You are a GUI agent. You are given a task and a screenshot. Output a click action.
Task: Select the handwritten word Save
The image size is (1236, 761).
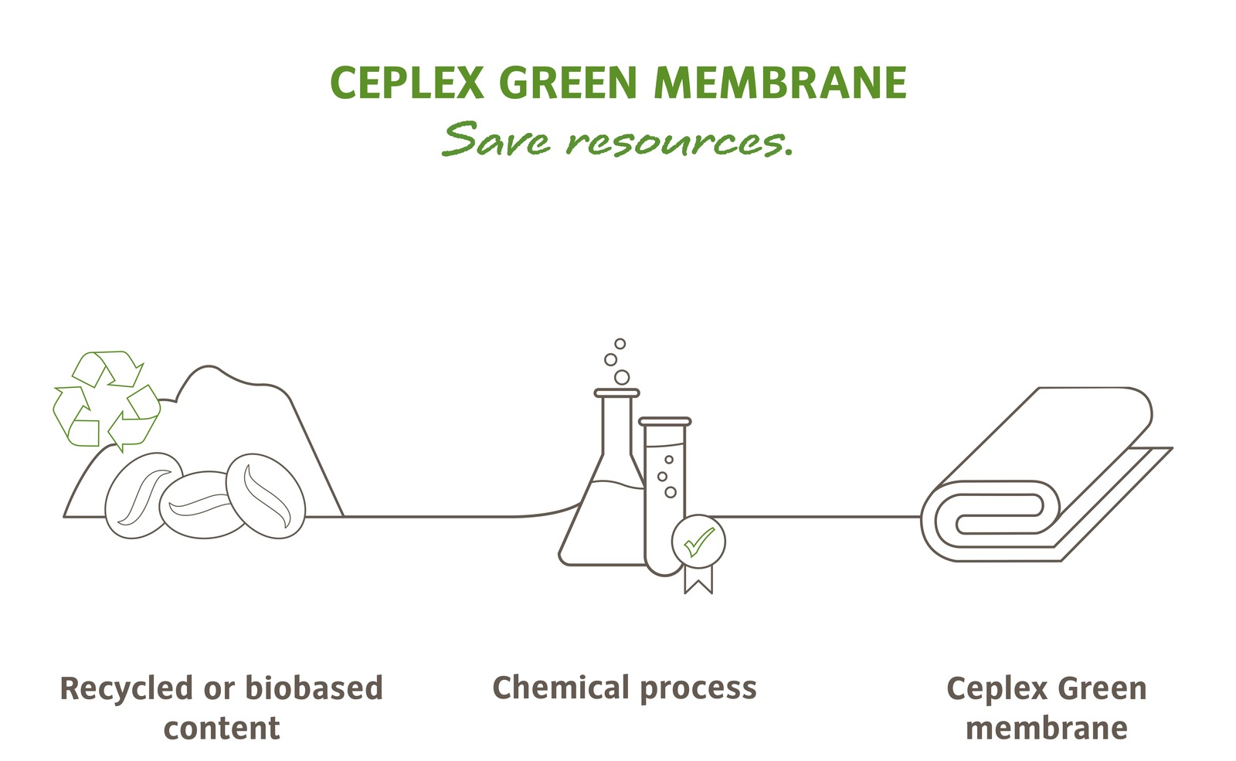495,140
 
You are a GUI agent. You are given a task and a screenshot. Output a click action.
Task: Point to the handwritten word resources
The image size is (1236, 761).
678,142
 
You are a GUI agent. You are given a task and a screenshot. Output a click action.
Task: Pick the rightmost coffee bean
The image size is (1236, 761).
267,495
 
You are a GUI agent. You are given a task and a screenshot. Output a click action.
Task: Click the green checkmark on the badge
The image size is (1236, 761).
698,542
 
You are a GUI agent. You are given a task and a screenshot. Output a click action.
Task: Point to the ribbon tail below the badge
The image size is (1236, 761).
698,579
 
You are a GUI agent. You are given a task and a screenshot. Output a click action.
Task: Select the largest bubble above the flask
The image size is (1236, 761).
621,377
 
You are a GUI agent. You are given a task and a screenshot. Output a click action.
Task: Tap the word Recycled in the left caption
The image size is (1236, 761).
126,688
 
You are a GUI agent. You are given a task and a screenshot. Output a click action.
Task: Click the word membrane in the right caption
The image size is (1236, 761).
1046,728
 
